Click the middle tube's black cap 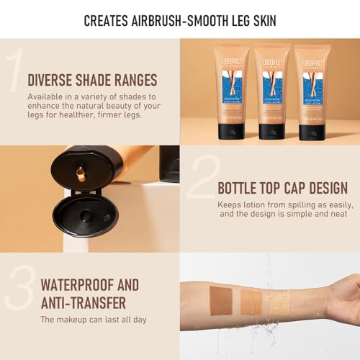pyautogui.click(x=272, y=131)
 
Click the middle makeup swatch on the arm pyautogui.click(x=252, y=299)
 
